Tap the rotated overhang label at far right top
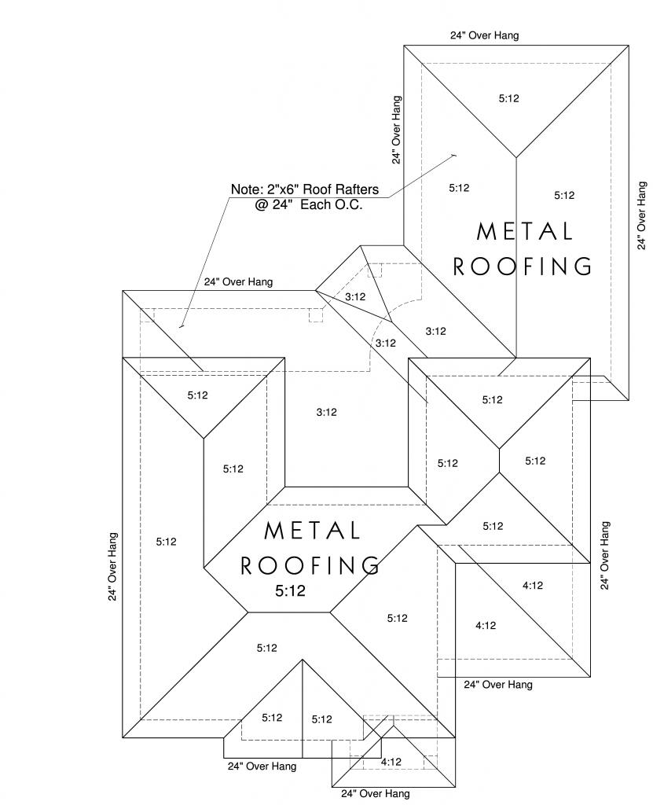[x=641, y=215]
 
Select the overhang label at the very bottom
[x=375, y=794]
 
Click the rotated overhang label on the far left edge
[x=113, y=568]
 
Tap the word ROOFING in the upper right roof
[x=523, y=266]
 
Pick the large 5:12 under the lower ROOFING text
[x=290, y=590]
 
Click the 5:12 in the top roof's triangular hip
[x=509, y=98]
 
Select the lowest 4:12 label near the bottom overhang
[x=391, y=762]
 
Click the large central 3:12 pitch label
[x=326, y=412]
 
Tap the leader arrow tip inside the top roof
[x=456, y=155]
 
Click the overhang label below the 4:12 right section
[x=497, y=685]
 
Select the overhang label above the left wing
[x=239, y=281]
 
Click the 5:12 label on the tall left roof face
[x=166, y=542]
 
